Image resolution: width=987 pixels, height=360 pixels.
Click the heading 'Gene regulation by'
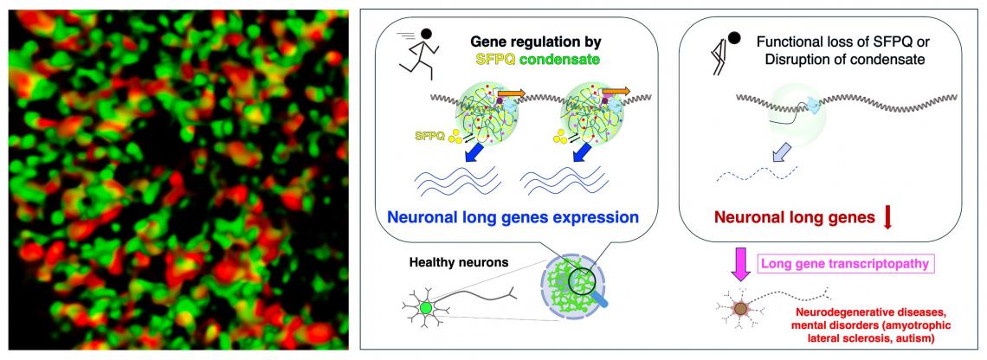pyautogui.click(x=537, y=42)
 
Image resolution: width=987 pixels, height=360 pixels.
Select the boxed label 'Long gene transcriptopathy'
pyautogui.click(x=845, y=264)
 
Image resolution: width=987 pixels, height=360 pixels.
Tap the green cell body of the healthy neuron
pyautogui.click(x=426, y=308)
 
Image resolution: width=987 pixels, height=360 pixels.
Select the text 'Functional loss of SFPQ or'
pyautogui.click(x=843, y=43)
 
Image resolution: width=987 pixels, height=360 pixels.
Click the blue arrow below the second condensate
pyautogui.click(x=584, y=151)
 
